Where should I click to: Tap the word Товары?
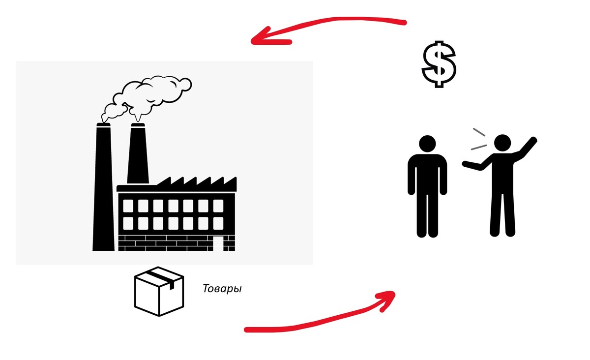point(222,289)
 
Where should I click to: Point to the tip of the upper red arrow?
point(253,39)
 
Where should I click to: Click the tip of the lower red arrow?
point(393,294)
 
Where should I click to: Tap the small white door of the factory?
point(217,243)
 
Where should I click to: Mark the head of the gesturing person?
point(502,144)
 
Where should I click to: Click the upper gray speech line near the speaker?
point(479,132)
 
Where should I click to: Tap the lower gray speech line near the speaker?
point(478,147)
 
